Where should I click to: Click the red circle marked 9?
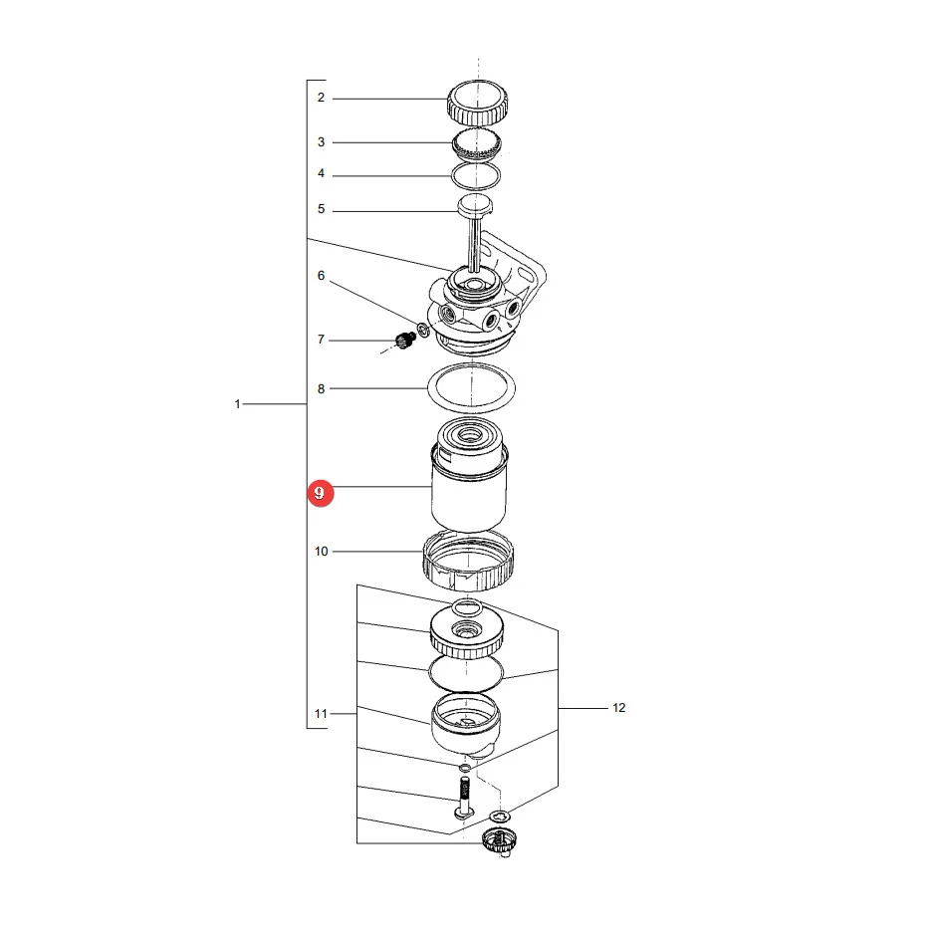pos(321,493)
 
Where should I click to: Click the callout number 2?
pos(321,98)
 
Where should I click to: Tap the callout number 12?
pos(619,708)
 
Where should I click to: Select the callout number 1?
pos(237,404)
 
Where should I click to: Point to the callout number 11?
pos(321,714)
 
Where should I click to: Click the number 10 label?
pos(321,552)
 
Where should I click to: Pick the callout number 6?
pos(321,276)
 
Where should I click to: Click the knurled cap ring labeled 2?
pos(477,103)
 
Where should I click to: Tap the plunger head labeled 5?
pos(475,206)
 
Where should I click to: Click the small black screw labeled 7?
pos(405,341)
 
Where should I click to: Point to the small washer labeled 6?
pos(423,330)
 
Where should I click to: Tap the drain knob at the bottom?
pos(500,841)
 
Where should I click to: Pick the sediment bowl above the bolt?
pos(466,725)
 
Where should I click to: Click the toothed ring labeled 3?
pos(476,145)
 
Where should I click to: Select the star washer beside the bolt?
pos(500,816)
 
